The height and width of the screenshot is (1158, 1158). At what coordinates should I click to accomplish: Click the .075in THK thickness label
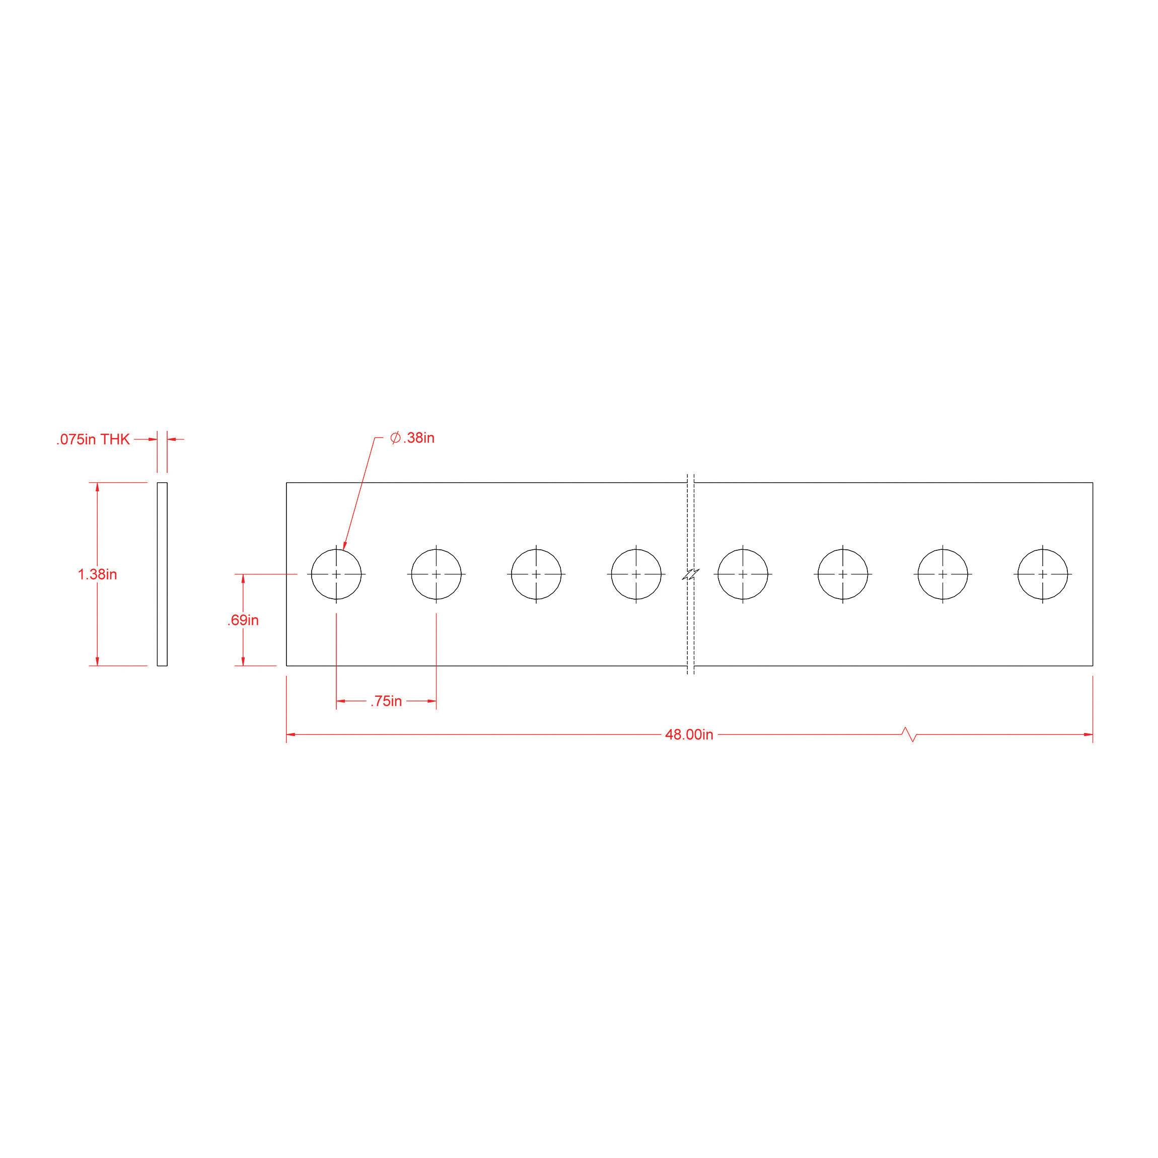[93, 440]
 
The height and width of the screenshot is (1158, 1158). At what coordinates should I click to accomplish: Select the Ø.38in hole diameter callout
[412, 438]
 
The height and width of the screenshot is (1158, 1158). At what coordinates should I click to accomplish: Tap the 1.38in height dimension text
[97, 574]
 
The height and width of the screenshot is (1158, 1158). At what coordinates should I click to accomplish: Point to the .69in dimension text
[243, 620]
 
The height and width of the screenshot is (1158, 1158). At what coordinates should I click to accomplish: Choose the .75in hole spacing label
[386, 701]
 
